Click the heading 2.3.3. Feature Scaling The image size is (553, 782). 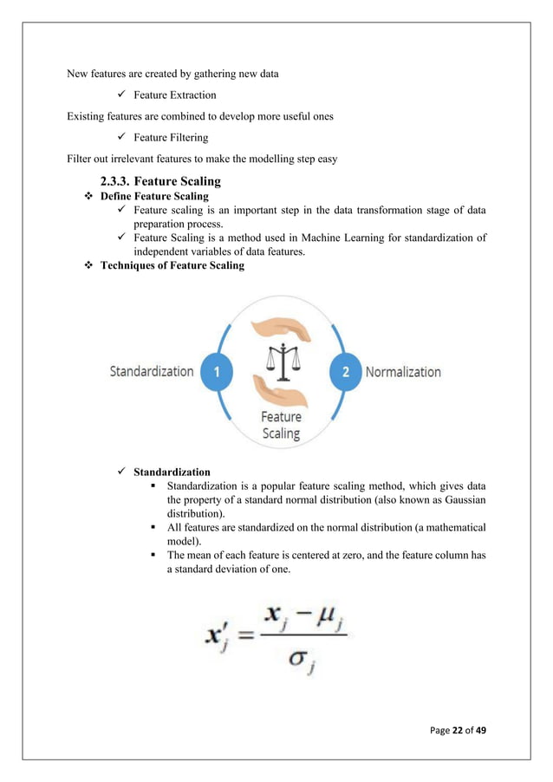click(160, 181)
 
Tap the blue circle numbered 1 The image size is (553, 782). click(217, 372)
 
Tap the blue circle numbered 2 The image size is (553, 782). click(345, 372)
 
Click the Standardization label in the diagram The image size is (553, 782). click(152, 372)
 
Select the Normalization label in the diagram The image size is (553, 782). click(403, 372)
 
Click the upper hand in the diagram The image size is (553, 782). click(280, 327)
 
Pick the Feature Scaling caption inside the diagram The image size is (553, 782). click(281, 425)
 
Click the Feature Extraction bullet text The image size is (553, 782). click(174, 94)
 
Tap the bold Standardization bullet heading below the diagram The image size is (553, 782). click(172, 472)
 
